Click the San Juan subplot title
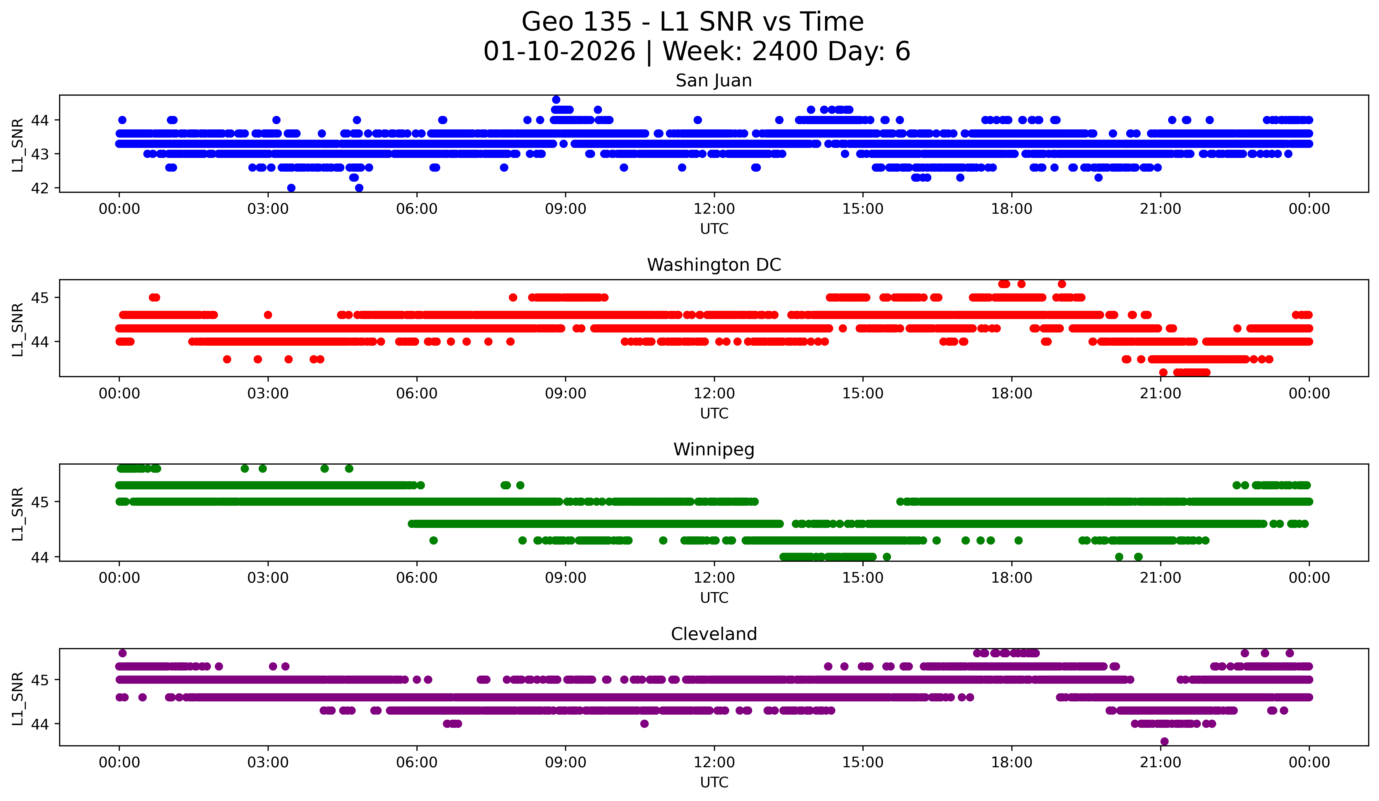714,81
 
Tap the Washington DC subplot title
714,265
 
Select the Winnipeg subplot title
714,449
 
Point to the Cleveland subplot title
714,634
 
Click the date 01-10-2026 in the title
559,51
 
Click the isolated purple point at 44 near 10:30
644,724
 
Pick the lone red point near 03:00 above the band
268,315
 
